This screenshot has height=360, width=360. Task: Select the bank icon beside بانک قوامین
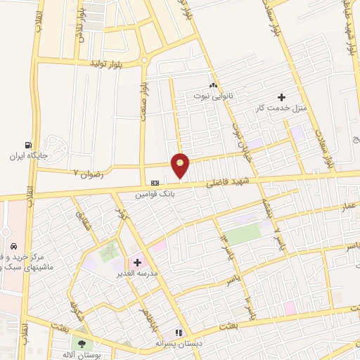click(x=155, y=182)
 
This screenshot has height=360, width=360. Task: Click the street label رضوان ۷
click(x=88, y=171)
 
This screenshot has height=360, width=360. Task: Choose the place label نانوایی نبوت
click(x=213, y=92)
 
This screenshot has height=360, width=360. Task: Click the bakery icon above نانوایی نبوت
click(x=213, y=82)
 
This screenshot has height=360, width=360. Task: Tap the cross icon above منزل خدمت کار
click(x=283, y=96)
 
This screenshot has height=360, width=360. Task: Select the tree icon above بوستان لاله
click(x=82, y=344)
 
